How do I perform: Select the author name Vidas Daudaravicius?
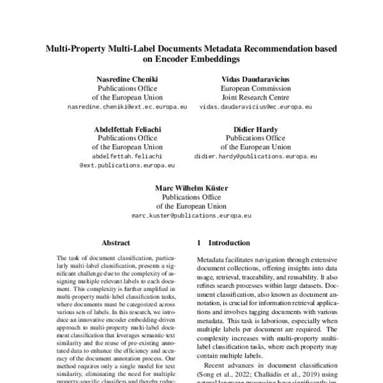click(x=255, y=79)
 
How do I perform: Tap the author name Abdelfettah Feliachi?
click(x=127, y=128)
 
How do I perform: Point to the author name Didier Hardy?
click(x=255, y=128)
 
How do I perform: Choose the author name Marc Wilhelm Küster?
click(x=191, y=188)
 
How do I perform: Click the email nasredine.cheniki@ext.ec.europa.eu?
click(x=127, y=107)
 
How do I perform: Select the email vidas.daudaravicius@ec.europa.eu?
click(x=255, y=107)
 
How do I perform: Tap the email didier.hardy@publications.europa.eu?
click(x=255, y=156)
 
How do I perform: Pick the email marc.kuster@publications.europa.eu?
click(x=191, y=216)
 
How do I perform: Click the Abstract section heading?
click(x=116, y=243)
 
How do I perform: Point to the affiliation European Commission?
click(x=255, y=89)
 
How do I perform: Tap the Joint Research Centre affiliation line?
click(x=255, y=98)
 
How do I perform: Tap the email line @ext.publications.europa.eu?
click(x=127, y=165)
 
